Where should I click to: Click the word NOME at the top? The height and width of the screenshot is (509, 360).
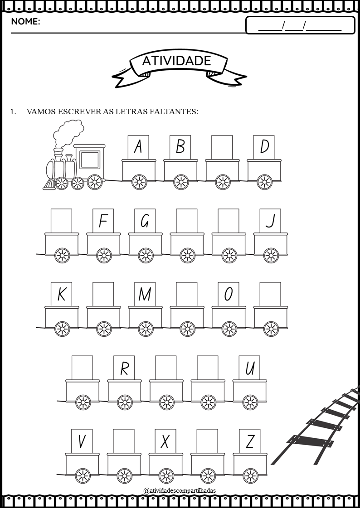(x=25, y=22)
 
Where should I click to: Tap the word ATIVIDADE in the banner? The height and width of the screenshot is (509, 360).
(x=177, y=61)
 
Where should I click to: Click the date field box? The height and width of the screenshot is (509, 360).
(x=300, y=25)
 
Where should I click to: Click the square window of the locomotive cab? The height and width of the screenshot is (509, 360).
(x=90, y=160)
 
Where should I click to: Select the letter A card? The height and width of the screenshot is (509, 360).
(x=138, y=147)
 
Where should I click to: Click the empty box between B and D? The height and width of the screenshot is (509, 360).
(x=222, y=147)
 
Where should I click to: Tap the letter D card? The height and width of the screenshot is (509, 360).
(x=264, y=147)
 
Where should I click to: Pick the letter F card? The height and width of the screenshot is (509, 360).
(x=103, y=221)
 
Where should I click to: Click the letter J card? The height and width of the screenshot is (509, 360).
(x=270, y=221)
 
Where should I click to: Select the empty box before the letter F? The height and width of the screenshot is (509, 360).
(x=61, y=221)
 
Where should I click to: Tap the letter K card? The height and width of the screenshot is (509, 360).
(x=61, y=294)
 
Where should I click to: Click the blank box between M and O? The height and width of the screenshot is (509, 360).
(x=187, y=294)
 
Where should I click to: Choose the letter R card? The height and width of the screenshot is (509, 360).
(x=124, y=368)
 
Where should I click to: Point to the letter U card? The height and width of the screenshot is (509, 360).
(x=250, y=368)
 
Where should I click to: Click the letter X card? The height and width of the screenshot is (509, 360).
(x=165, y=441)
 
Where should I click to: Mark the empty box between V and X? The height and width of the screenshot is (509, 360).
(x=124, y=441)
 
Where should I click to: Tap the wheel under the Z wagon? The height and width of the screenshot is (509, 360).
(x=250, y=476)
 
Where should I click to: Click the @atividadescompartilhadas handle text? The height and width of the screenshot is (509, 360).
(x=180, y=490)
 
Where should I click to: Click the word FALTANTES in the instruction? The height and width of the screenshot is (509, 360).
(x=174, y=111)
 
